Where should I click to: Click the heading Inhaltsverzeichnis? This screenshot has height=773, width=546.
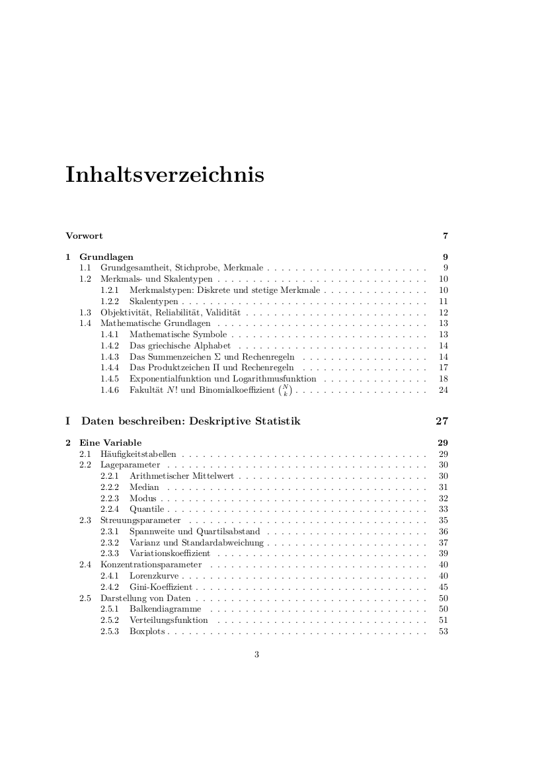(165, 175)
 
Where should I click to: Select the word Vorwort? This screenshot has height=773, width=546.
(84, 236)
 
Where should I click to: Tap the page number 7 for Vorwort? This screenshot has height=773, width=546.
(446, 236)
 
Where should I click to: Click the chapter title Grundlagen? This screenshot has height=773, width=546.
(106, 257)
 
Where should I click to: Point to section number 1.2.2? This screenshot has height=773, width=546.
(109, 302)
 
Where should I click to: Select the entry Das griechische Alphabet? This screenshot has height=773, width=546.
(180, 346)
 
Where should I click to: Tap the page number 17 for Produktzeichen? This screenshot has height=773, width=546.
(444, 368)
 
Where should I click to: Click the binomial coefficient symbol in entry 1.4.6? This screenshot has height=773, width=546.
(286, 390)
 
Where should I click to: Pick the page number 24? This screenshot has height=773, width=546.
(444, 390)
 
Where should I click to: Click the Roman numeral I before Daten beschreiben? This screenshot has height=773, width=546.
(68, 421)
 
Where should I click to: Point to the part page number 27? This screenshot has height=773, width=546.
(442, 421)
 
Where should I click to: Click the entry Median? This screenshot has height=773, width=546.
(144, 487)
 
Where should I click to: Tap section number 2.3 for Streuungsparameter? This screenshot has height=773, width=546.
(85, 520)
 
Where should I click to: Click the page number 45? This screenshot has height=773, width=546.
(444, 587)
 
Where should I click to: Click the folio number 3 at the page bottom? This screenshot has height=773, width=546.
(256, 655)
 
